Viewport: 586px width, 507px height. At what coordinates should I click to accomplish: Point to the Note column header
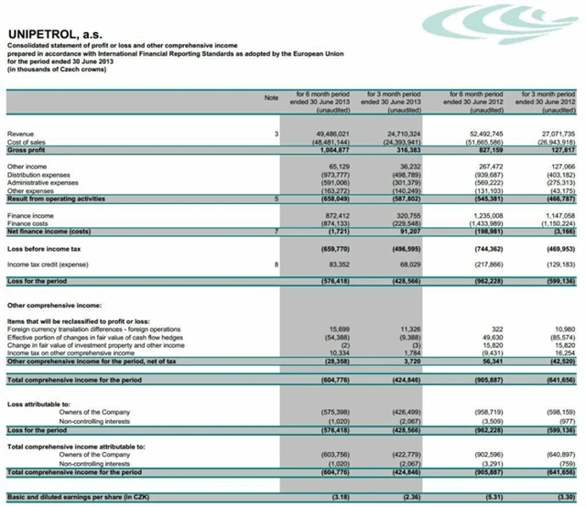click(x=270, y=96)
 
